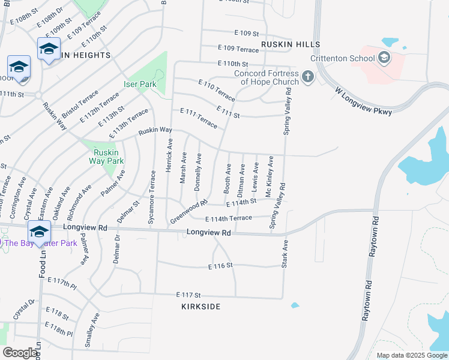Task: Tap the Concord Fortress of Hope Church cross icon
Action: [307, 77]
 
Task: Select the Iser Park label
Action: [140, 85]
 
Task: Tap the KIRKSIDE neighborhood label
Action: [200, 307]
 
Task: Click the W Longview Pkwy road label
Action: [363, 102]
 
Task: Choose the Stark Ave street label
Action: [286, 253]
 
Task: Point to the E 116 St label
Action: [220, 265]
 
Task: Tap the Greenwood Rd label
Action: [188, 211]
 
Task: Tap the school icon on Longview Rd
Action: [39, 232]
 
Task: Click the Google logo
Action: [19, 353]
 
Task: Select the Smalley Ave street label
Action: [91, 329]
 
